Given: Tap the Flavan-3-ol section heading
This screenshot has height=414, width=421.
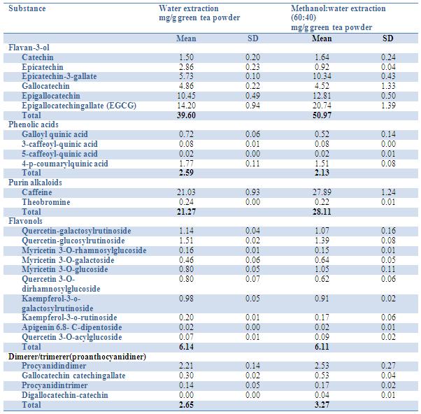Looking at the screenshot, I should click(29, 47).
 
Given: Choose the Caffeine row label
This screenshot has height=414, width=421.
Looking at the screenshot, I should click(38, 192).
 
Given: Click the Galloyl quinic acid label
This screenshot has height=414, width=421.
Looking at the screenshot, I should click(55, 134).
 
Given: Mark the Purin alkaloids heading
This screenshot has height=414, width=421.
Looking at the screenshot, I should click(35, 182).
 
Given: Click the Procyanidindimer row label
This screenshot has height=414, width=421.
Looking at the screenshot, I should click(53, 366).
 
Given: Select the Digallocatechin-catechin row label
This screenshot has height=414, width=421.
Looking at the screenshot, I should click(65, 395).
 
